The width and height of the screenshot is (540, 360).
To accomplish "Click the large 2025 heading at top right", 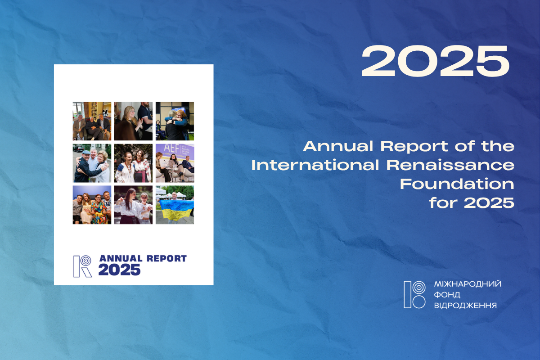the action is point(436,61).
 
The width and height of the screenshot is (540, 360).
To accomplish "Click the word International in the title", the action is point(315,165).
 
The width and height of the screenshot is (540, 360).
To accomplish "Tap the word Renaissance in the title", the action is point(450,165).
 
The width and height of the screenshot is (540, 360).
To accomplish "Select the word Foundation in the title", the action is point(457,184).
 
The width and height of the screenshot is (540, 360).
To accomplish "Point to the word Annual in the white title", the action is point(338,146).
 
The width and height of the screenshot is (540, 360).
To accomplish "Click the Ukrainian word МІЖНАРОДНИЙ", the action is point(468,284).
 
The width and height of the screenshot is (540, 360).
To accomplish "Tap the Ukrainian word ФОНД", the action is point(447,295).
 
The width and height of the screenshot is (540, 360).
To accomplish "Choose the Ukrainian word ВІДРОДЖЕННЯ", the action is point(465,306).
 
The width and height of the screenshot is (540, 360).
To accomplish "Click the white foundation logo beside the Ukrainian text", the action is point(414,295).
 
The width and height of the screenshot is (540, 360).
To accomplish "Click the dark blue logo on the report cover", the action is point(82,266).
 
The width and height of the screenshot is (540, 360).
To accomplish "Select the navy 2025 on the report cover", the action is point(119,270).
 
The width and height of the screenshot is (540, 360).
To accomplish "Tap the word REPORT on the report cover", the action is point(166,258).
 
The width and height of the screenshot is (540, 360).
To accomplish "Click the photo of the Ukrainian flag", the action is point(175,205).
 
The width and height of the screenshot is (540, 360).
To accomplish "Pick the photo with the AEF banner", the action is point(175,163).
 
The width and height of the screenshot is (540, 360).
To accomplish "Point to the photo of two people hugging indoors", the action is point(175,121).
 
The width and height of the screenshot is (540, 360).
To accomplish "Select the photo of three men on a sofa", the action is point(92,121).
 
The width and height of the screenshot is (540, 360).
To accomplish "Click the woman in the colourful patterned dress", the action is point(99,209).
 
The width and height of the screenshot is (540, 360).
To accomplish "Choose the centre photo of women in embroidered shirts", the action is point(133,163).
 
